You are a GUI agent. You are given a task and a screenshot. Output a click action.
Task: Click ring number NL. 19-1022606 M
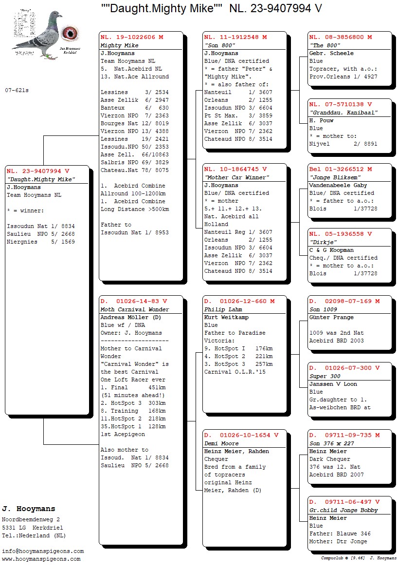point(132,37)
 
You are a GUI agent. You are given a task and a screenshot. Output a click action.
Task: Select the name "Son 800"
point(220,45)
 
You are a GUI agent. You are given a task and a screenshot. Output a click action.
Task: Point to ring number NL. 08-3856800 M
point(341,37)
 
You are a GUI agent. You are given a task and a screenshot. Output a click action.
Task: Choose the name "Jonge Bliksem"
point(329,177)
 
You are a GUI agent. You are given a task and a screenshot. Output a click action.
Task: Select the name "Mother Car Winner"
point(236,177)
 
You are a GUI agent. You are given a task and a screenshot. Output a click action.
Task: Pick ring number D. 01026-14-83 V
point(134,302)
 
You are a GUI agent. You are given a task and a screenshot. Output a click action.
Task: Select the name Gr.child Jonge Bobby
point(343,510)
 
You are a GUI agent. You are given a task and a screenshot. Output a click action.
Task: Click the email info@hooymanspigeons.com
point(43,551)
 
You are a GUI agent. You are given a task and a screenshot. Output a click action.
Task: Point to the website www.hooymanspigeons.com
point(41,559)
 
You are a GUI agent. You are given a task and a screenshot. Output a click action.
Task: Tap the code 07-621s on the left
point(17,90)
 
